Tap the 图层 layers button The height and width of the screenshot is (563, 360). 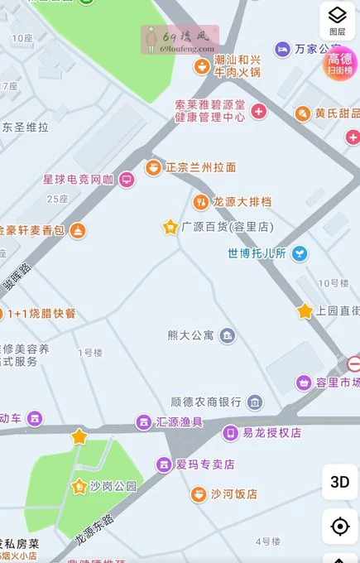coord(338,20)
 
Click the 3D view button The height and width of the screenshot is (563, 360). coord(339,482)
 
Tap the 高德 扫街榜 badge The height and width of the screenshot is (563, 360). coord(340,63)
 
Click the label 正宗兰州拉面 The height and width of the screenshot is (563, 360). coord(201,167)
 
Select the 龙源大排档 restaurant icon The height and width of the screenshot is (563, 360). coord(199,201)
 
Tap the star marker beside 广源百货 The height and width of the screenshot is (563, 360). coord(170,226)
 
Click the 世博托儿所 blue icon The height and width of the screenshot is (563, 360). coord(300,253)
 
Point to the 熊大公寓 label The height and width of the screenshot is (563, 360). coord(190,335)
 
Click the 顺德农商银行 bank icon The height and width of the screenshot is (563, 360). coord(255,402)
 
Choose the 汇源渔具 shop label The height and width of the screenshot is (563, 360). coord(180,422)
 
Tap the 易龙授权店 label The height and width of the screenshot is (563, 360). coord(271,432)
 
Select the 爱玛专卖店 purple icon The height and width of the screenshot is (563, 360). coord(165,464)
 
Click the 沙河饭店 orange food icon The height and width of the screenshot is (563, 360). coord(199,494)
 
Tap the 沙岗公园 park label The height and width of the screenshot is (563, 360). coord(113,486)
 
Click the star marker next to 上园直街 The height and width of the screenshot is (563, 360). coord(305,311)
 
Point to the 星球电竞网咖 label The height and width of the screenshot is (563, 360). coord(79,179)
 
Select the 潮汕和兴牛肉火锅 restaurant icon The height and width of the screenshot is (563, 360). coord(201,66)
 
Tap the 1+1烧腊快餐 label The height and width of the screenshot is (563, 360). coord(41,314)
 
